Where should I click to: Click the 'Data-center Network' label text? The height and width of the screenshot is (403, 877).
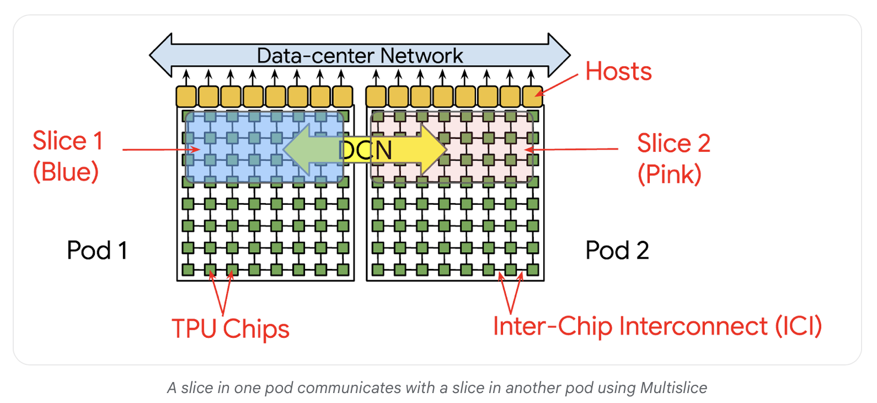360,56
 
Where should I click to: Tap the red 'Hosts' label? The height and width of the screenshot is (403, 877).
618,72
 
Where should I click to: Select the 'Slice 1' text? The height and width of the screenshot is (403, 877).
68,141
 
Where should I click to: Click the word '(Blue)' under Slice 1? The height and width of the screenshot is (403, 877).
66,172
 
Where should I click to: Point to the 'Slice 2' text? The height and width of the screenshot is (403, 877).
673,144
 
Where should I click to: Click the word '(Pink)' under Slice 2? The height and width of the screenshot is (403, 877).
669,174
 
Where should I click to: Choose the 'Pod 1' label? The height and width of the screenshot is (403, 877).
97,251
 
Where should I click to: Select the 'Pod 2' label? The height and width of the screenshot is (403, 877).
617,251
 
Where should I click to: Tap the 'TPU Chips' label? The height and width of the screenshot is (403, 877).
230,329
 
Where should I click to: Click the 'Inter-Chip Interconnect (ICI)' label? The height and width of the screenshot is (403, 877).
657,326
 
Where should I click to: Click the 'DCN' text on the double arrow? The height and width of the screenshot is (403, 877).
365,150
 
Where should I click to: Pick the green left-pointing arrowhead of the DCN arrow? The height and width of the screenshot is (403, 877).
298,150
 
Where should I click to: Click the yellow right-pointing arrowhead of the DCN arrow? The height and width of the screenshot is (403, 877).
433,150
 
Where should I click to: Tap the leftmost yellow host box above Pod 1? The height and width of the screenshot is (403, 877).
186,97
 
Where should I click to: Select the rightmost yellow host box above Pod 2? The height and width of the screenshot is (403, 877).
532,97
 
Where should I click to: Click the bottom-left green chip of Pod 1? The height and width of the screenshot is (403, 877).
188,270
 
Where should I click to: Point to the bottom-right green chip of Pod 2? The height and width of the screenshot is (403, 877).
533,270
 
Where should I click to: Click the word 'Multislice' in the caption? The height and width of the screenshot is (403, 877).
673,388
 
